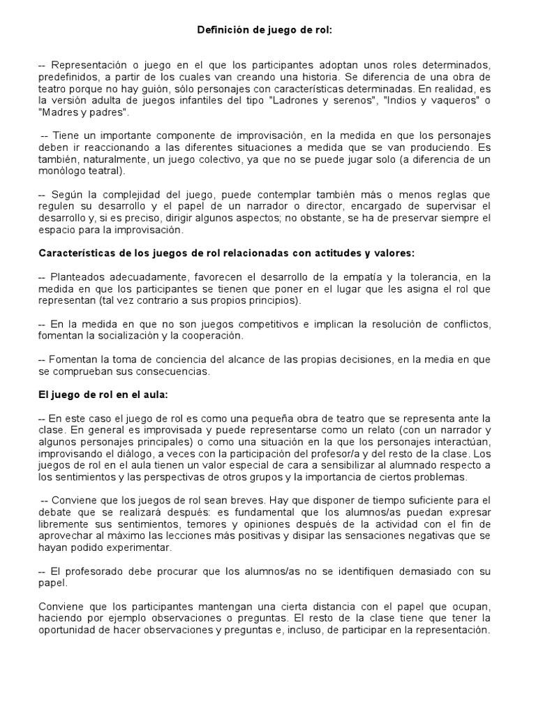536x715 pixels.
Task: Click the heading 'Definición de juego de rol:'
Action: (265, 31)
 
